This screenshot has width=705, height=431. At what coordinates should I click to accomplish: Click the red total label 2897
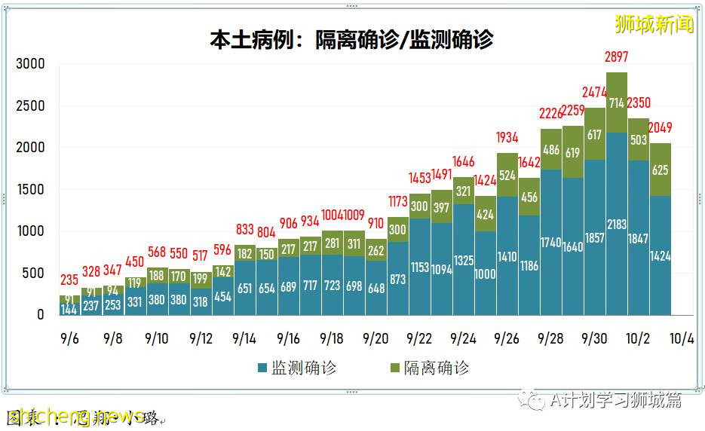pos(617,57)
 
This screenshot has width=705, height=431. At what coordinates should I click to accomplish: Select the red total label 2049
pos(659,127)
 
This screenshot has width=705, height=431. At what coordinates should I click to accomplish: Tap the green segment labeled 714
pos(617,102)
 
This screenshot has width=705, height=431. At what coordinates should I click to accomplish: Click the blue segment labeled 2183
pos(617,224)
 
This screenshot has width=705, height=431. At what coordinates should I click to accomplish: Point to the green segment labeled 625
pos(660,170)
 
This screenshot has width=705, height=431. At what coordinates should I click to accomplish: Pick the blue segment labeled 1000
pos(486,274)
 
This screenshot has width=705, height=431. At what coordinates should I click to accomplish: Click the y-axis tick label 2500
pos(31,105)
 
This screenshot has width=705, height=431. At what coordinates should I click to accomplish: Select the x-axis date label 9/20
pos(375,338)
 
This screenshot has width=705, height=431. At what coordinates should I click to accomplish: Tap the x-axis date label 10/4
pos(682,338)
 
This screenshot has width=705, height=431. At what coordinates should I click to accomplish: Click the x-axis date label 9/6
pos(69,338)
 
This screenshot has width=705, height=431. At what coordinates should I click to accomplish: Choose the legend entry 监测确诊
pos(297,368)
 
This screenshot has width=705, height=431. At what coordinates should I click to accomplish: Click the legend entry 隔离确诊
pos(430,368)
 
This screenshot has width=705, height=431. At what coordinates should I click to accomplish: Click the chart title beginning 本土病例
pos(351,39)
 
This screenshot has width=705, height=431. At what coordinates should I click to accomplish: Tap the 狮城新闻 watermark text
pos(654,24)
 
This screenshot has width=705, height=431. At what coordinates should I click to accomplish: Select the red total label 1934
pos(507,137)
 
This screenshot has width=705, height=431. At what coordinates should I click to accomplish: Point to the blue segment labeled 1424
pos(661,255)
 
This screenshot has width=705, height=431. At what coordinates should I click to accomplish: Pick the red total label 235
pos(69,280)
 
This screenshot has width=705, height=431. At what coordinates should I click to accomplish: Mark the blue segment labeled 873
pos(398,279)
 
